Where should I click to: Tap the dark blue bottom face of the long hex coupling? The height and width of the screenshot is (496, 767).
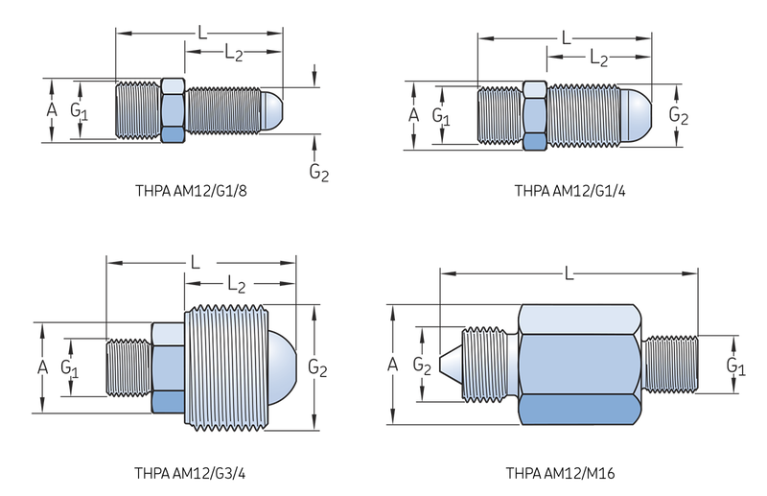[579, 413]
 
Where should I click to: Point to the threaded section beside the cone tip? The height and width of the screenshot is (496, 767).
[489, 366]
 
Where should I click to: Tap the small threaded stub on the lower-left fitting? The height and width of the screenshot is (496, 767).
[127, 365]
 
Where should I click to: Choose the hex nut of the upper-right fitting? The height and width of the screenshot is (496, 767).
[535, 115]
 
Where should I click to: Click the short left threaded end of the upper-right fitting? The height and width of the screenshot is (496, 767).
[500, 115]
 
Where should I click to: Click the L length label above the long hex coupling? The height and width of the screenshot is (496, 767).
[568, 274]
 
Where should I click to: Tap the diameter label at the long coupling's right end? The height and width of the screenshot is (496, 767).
[734, 365]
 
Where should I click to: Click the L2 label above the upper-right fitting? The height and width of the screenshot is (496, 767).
[598, 59]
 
